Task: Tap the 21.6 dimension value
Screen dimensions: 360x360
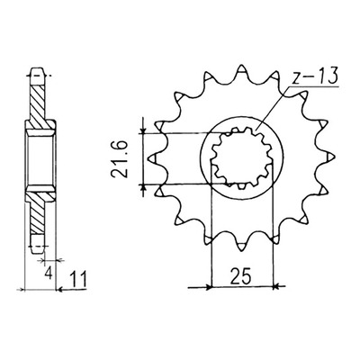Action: coord(119,159)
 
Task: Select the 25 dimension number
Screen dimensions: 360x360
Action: coord(240,276)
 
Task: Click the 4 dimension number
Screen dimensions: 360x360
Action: coord(49,274)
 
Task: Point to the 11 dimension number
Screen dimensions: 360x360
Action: coord(78,279)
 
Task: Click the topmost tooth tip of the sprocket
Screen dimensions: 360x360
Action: coord(241,67)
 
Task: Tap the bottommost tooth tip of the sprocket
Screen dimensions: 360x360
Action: coord(241,249)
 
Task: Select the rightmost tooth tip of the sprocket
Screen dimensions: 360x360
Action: coord(332,157)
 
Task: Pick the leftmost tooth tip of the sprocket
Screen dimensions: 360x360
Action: coord(150,158)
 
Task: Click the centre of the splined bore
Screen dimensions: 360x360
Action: coord(242,158)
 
